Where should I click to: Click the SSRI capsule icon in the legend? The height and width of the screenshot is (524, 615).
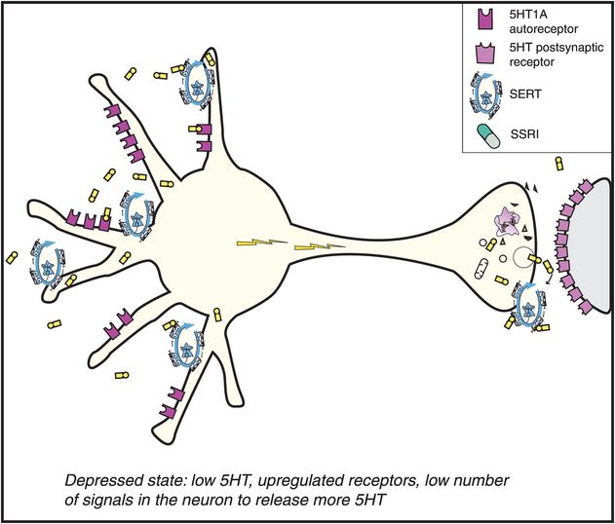click(486, 138)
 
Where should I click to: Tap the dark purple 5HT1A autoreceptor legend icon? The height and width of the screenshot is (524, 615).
click(484, 19)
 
